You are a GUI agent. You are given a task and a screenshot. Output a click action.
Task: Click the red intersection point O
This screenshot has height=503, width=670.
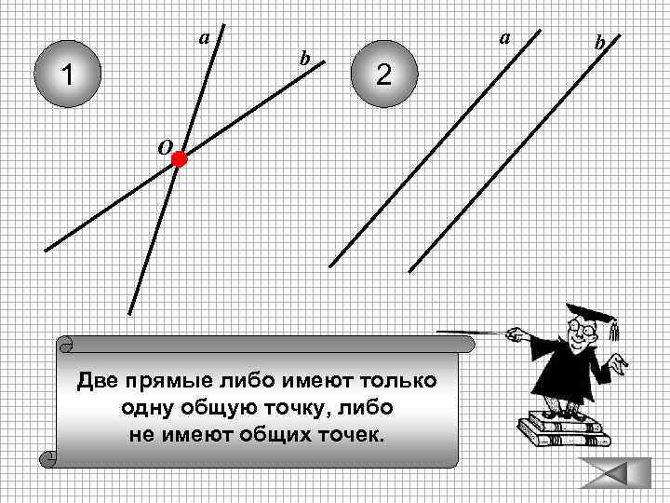pos(179,160)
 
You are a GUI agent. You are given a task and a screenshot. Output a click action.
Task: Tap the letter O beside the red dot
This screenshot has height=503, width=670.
pos(162,147)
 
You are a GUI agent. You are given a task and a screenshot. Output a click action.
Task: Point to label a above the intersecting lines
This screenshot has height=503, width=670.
pos(204,38)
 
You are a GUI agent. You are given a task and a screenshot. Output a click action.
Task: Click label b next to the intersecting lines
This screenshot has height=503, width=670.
pos(303,59)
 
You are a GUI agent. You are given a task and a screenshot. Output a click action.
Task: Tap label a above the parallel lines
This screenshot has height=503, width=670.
pos(504,38)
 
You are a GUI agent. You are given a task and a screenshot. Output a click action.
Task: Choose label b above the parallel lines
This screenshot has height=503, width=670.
pos(600,42)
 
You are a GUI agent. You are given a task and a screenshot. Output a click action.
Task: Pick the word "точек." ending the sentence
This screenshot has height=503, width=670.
pos(350,436)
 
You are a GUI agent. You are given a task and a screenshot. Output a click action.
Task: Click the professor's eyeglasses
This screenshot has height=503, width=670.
pos(582,329)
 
